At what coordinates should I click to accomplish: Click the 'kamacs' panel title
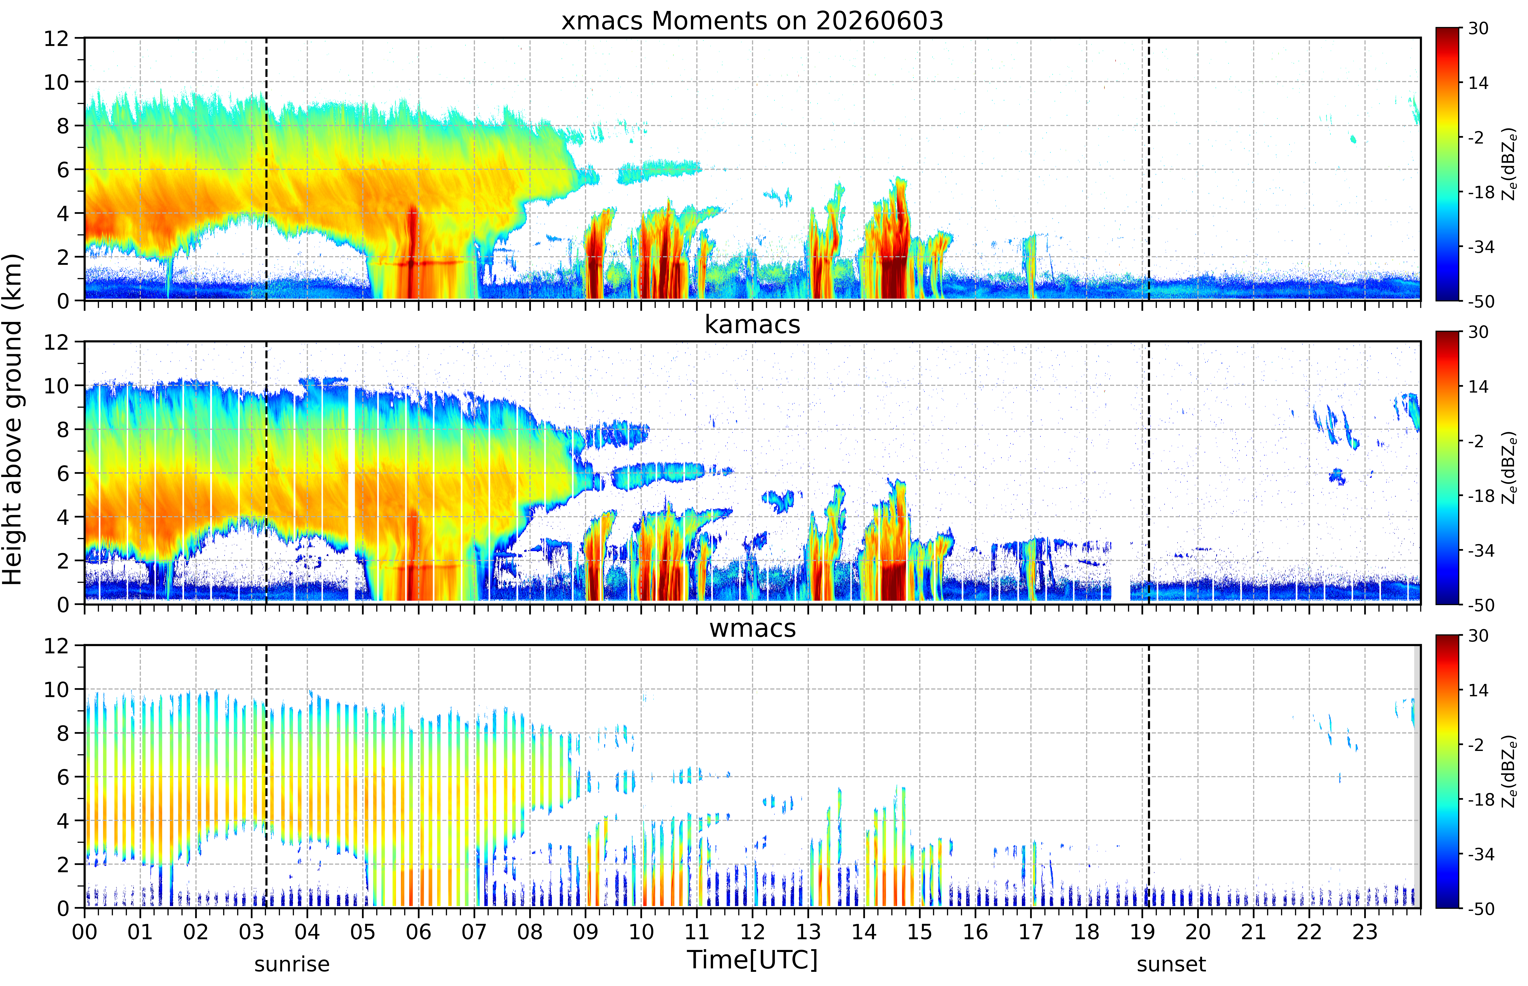coord(752,325)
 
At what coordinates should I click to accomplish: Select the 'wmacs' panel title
coord(752,628)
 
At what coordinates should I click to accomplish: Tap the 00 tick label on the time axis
coord(84,932)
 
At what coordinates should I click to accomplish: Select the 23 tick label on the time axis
coord(1365,932)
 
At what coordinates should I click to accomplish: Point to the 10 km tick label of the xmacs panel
coord(56,82)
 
